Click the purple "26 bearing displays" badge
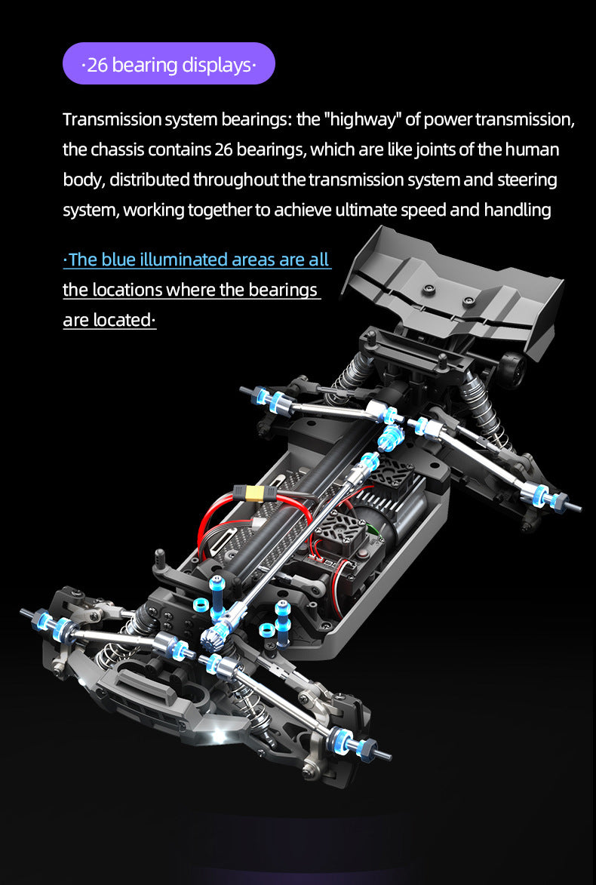pyautogui.click(x=169, y=63)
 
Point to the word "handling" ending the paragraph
pyautogui.click(x=517, y=210)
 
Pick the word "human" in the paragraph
pyautogui.click(x=530, y=150)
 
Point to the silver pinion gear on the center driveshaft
pyautogui.click(x=214, y=641)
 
